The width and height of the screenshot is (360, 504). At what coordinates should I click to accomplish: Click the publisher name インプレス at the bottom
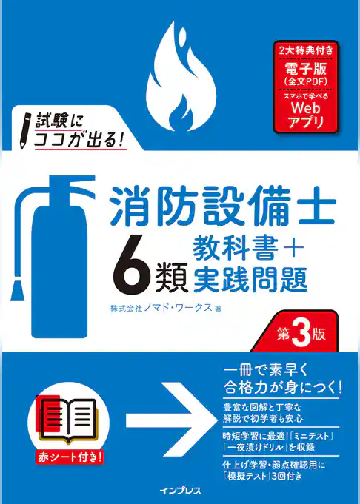tap(180, 489)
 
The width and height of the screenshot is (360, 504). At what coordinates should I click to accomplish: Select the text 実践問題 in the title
tap(250, 278)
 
